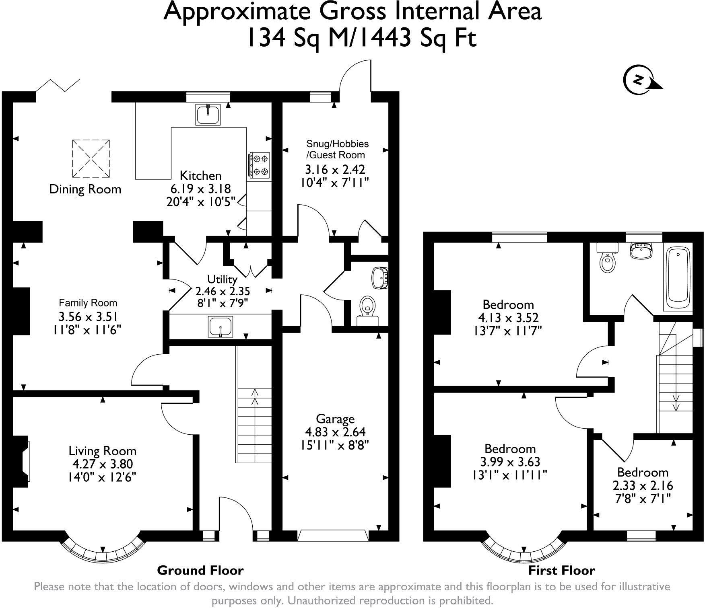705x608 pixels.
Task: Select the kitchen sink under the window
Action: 208,114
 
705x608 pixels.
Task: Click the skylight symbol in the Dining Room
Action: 91,158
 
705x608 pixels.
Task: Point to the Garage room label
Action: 335,419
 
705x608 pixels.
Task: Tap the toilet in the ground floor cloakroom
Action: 367,310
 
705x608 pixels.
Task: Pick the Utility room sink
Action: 221,326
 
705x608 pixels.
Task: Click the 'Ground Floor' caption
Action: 200,570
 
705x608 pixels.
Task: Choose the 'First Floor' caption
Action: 561,570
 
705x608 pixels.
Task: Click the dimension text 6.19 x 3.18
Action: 200,188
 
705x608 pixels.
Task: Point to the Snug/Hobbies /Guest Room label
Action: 337,149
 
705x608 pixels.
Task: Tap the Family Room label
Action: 88,303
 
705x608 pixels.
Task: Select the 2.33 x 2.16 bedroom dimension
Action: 643,485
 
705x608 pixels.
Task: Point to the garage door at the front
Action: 333,536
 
